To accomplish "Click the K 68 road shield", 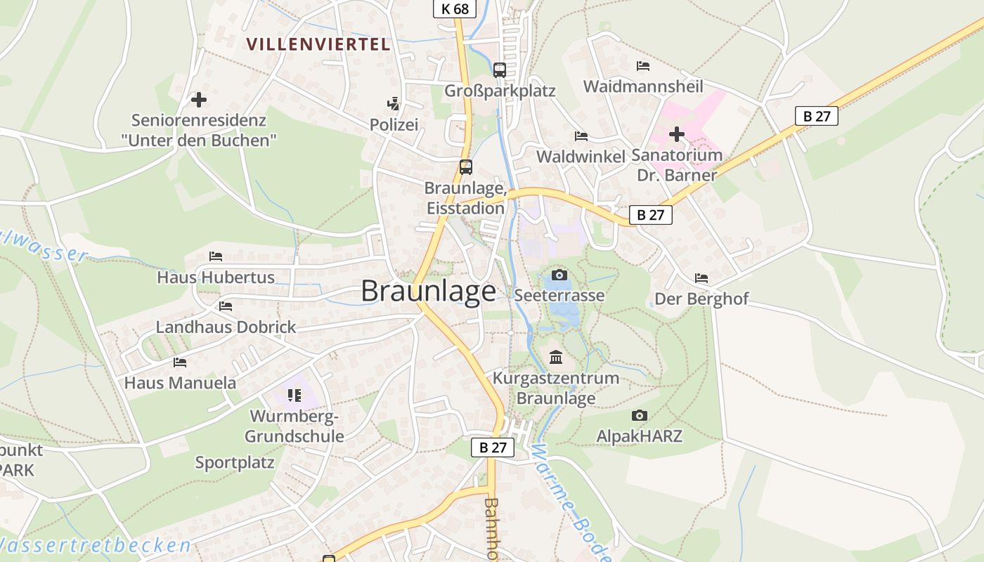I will click(454, 8).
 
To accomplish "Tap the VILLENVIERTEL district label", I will click(318, 44).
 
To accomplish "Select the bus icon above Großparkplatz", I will click(500, 70).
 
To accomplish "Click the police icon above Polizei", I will click(394, 104).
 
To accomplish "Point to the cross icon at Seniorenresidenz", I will click(199, 100).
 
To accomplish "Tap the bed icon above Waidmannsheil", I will click(642, 66).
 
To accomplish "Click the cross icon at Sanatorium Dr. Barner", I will click(676, 133).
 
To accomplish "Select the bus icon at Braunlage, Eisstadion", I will click(466, 167).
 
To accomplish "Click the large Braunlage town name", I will click(428, 292).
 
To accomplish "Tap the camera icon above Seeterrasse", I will click(559, 274).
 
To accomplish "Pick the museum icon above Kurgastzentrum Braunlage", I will click(556, 358).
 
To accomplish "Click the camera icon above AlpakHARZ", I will click(639, 415).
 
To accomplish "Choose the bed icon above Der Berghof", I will click(701, 278).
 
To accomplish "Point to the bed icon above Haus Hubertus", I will click(216, 256).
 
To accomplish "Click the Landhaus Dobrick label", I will click(226, 327).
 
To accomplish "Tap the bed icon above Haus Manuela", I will click(180, 362).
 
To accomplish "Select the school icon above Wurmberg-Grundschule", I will click(294, 396).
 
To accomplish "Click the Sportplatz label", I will click(235, 462).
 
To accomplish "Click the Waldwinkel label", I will click(581, 157).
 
